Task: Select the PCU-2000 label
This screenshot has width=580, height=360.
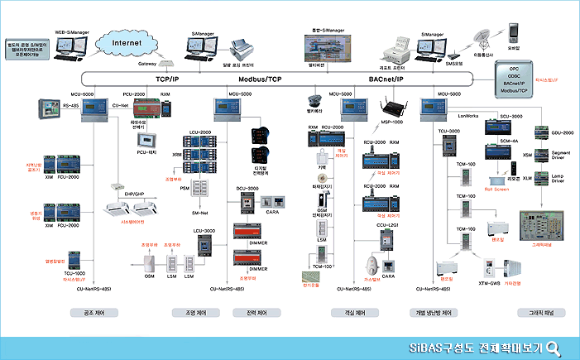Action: point(134,95)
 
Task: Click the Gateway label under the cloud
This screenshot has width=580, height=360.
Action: point(147,63)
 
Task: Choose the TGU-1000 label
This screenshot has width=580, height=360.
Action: point(74,272)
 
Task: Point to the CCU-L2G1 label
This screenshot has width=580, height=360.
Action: point(388,223)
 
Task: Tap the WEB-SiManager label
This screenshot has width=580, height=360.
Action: point(71,31)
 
